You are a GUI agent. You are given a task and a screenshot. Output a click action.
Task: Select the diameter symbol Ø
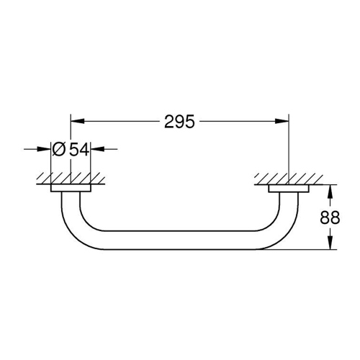pyautogui.click(x=60, y=149)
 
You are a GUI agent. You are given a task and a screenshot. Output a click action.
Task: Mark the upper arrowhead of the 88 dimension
pyautogui.click(x=330, y=191)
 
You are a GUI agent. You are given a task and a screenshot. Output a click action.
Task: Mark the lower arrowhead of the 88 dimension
pyautogui.click(x=330, y=244)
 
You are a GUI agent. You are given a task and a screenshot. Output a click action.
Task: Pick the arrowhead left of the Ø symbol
pyautogui.click(x=45, y=149)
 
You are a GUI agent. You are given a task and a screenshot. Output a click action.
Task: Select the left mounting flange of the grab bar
pyautogui.click(x=71, y=189)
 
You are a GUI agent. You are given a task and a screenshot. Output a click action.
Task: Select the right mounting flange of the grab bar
pyautogui.click(x=288, y=189)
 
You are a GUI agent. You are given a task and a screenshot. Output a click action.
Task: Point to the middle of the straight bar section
pyautogui.click(x=179, y=241)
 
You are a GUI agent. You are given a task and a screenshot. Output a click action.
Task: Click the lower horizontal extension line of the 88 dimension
pyautogui.click(x=302, y=249)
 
